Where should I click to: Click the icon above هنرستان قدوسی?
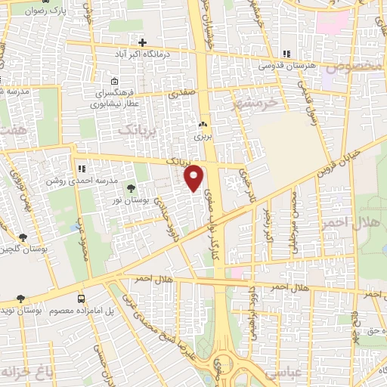coord(286,54)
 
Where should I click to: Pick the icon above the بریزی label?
coord(202,125)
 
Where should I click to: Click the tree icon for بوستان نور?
coord(132,187)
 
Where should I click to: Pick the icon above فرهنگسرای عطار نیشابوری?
coord(114,82)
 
